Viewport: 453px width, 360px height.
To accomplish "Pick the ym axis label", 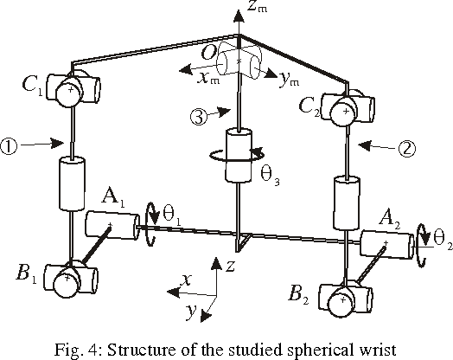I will tap(286, 79).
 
